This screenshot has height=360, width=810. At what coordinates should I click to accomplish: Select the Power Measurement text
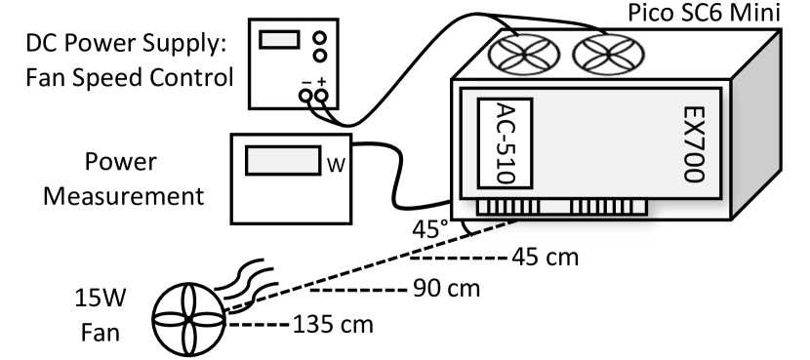(116, 179)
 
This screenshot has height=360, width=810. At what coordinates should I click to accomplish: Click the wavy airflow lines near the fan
(242, 281)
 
